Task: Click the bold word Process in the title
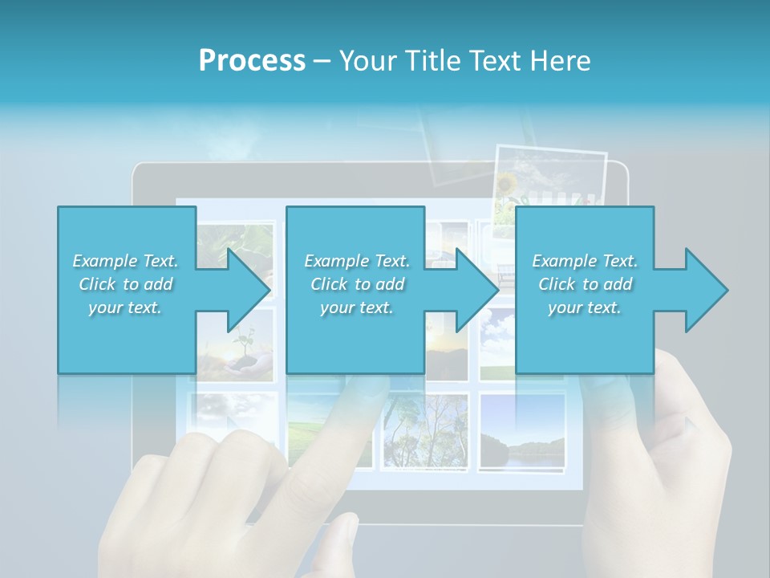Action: [x=252, y=61]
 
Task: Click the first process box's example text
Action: [x=126, y=284]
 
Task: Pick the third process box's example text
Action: [x=585, y=284]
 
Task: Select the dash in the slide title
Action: [x=322, y=61]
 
